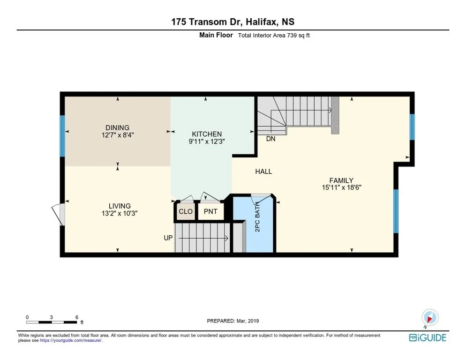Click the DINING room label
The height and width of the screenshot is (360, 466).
point(117,127)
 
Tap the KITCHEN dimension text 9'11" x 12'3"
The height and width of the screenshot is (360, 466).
point(207,142)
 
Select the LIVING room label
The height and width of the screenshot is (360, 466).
point(120,206)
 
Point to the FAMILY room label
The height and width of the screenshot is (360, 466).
point(341,180)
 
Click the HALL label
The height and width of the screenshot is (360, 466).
point(263,172)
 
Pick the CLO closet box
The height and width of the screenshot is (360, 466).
point(186,211)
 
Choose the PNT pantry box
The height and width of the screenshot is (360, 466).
point(210,211)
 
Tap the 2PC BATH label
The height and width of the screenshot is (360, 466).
point(257,217)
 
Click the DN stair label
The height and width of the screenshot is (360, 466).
point(271,139)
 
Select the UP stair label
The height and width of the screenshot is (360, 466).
point(168,238)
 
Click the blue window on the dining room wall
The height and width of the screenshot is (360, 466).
point(62,136)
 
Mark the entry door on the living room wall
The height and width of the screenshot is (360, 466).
point(58,215)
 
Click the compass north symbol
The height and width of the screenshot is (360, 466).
point(429,317)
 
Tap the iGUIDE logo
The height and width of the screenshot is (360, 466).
point(428,337)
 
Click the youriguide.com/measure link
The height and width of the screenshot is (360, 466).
point(71,341)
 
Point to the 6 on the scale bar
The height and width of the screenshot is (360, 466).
point(77,317)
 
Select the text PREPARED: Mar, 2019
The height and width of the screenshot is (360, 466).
point(233,321)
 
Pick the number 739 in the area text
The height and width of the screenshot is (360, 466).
point(292,35)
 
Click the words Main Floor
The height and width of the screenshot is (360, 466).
point(216,35)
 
